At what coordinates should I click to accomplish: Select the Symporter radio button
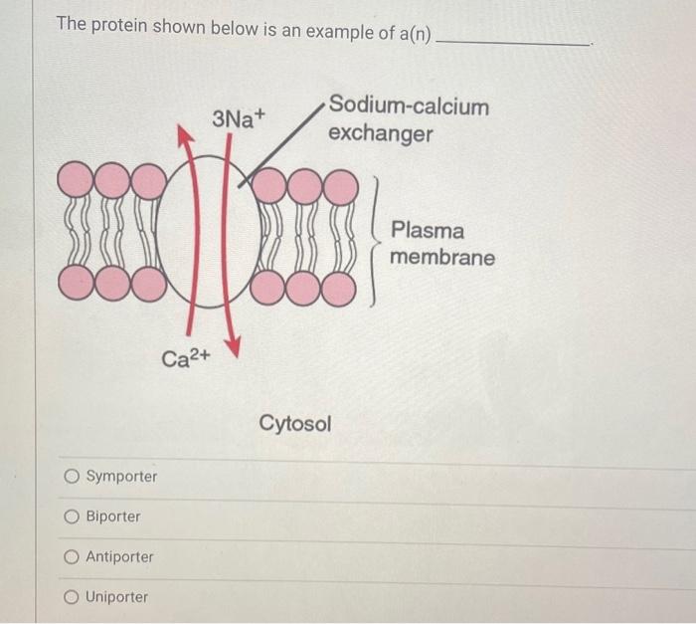(72, 477)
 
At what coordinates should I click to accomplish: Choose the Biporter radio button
(72, 517)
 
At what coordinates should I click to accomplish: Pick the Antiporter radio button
(72, 557)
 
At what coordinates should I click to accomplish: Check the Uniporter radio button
(72, 597)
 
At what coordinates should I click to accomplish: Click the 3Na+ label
(240, 119)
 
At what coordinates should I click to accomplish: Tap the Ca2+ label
(186, 357)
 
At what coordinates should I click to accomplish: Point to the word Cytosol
(295, 424)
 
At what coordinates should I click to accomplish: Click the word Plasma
(428, 231)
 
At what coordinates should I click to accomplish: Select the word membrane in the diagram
(441, 258)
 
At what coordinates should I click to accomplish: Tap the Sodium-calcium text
(409, 105)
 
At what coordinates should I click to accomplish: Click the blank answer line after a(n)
(514, 40)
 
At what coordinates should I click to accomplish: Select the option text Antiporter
(119, 557)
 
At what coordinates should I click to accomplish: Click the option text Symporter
(121, 477)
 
